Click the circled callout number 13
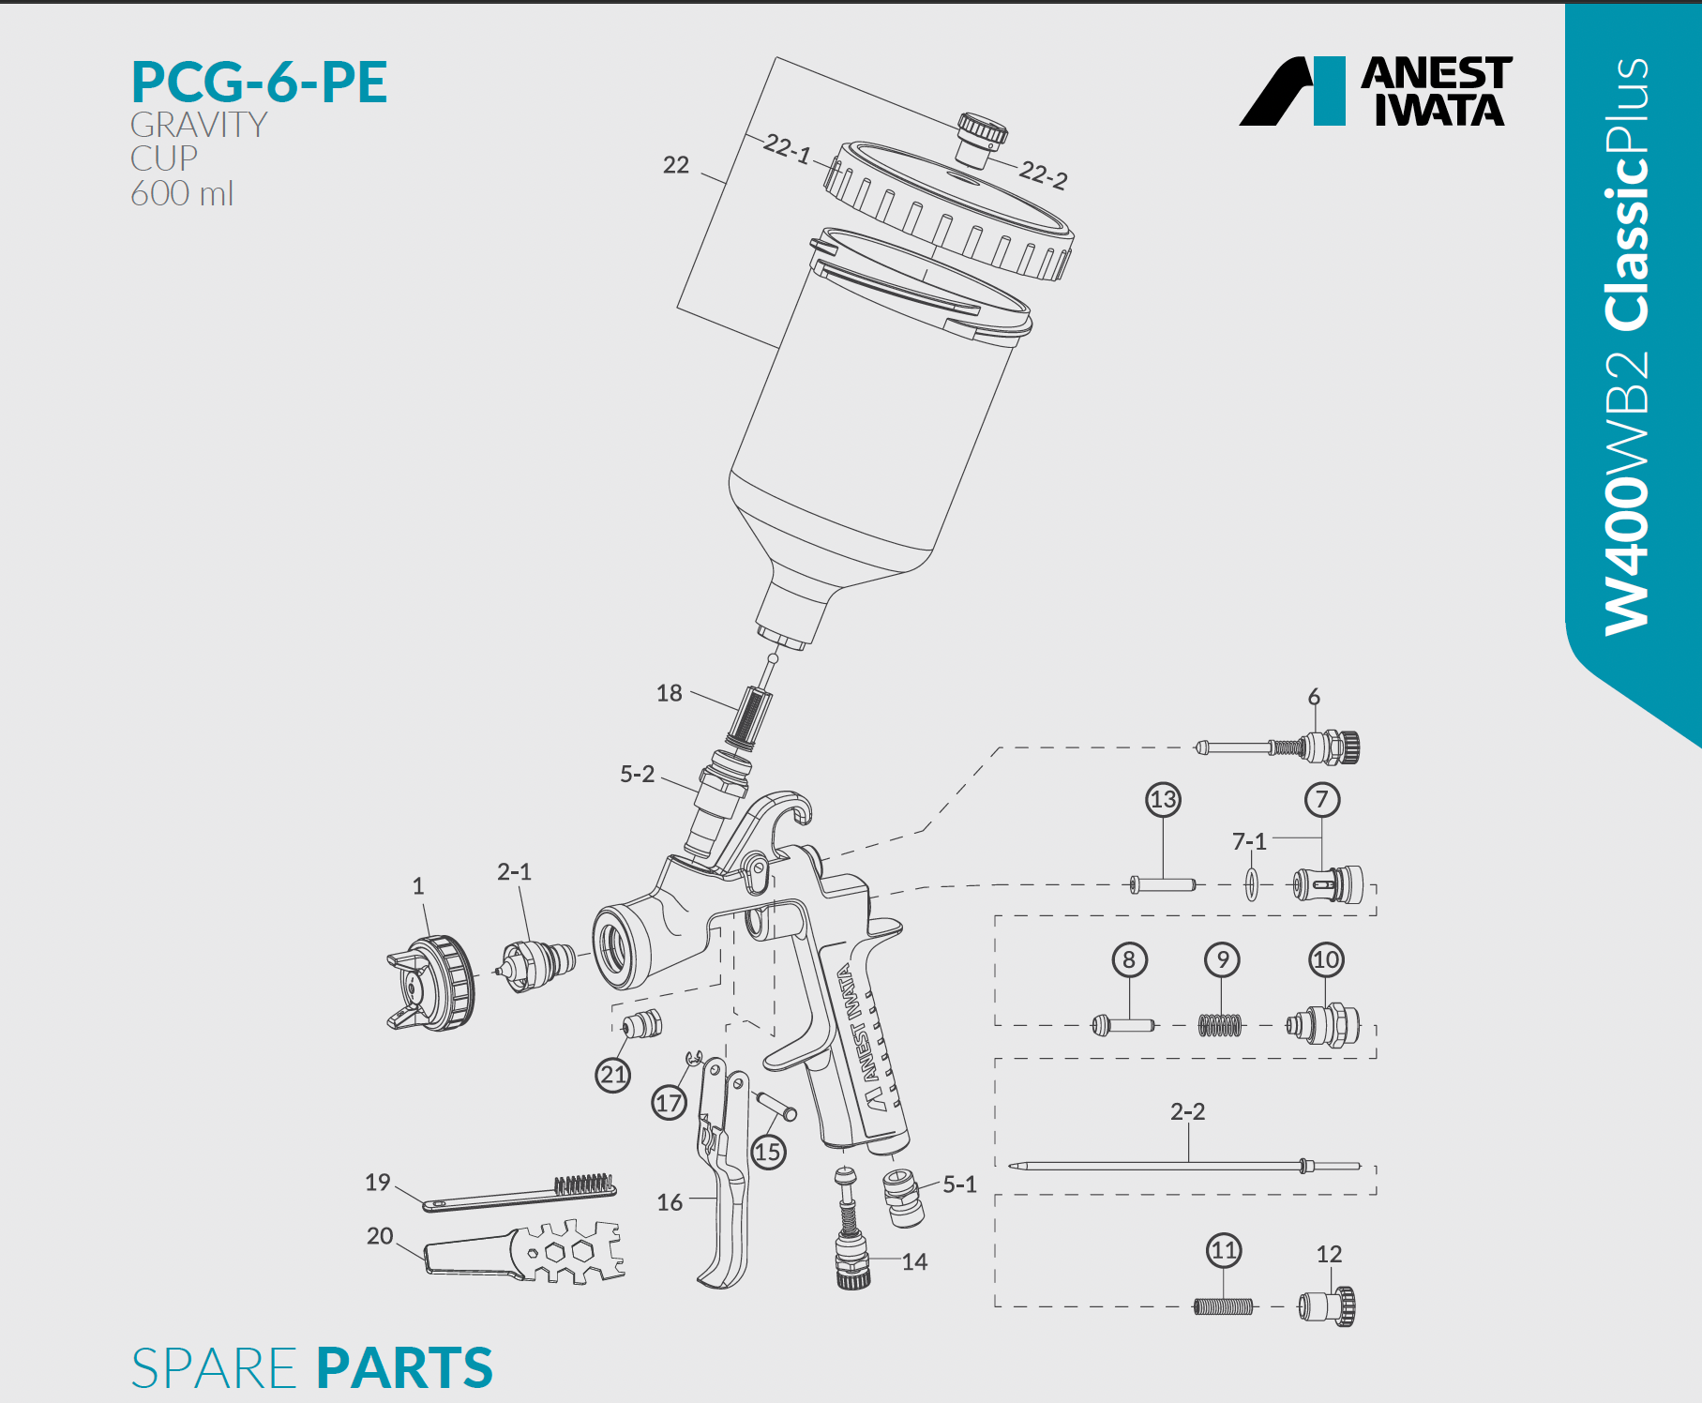(x=1163, y=800)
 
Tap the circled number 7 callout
(x=1322, y=800)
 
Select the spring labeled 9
(x=1220, y=1025)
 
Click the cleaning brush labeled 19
(x=520, y=1194)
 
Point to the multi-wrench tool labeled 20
(x=525, y=1252)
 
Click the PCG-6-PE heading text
(x=259, y=82)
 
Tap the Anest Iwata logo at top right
(x=1376, y=91)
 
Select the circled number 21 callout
(x=613, y=1075)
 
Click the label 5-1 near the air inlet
(x=959, y=1184)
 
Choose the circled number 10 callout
(x=1326, y=959)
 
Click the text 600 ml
(x=182, y=194)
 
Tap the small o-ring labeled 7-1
(x=1252, y=883)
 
